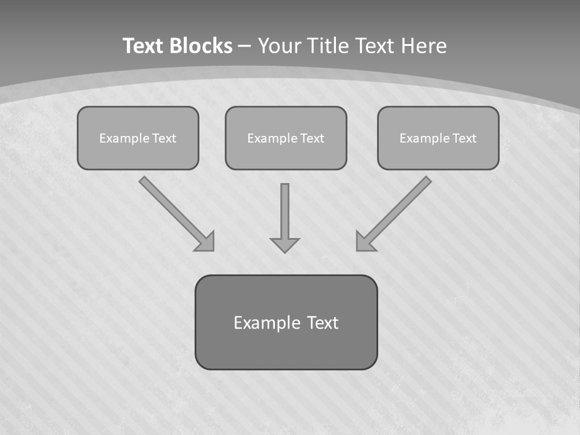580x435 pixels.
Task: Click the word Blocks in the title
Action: click(x=201, y=46)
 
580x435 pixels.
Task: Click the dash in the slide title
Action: click(x=245, y=47)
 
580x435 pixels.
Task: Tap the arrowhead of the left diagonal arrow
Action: click(x=206, y=242)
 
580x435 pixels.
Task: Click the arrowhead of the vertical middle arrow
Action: click(x=285, y=245)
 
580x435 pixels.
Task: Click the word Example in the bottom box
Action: click(x=266, y=323)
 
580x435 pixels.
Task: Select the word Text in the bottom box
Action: click(x=323, y=323)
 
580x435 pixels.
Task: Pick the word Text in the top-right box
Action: click(x=464, y=138)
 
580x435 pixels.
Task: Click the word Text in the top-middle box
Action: click(x=312, y=138)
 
